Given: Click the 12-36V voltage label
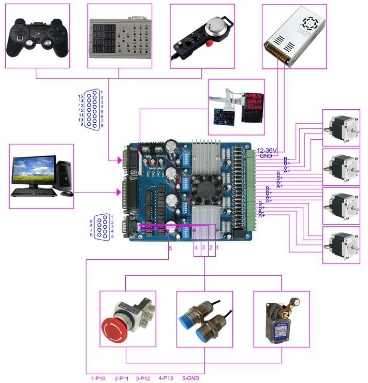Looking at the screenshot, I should (x=268, y=151).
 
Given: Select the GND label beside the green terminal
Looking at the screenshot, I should (x=266, y=156).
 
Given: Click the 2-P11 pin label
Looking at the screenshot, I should (x=124, y=379).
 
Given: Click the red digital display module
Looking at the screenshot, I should (x=252, y=105).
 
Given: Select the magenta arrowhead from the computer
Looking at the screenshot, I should (x=119, y=193).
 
